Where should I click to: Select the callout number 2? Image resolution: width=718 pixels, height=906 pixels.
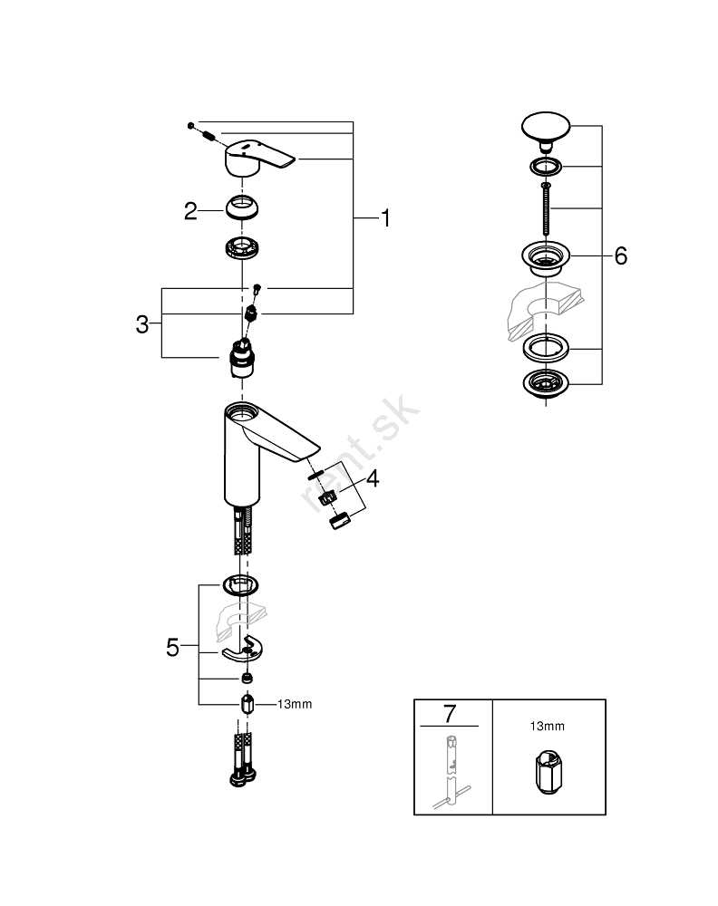tap(190, 211)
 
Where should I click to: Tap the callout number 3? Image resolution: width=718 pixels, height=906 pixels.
tap(141, 324)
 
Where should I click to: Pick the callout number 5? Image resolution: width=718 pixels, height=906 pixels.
tap(172, 647)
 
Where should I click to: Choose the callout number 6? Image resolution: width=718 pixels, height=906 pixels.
tap(620, 256)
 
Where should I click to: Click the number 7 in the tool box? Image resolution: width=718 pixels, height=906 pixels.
tap(449, 713)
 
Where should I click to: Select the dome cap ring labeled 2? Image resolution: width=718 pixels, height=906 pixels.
tap(242, 208)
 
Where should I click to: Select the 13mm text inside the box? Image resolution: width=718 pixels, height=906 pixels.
tap(547, 726)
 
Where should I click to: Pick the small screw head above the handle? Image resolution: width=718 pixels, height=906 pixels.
tap(191, 123)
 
